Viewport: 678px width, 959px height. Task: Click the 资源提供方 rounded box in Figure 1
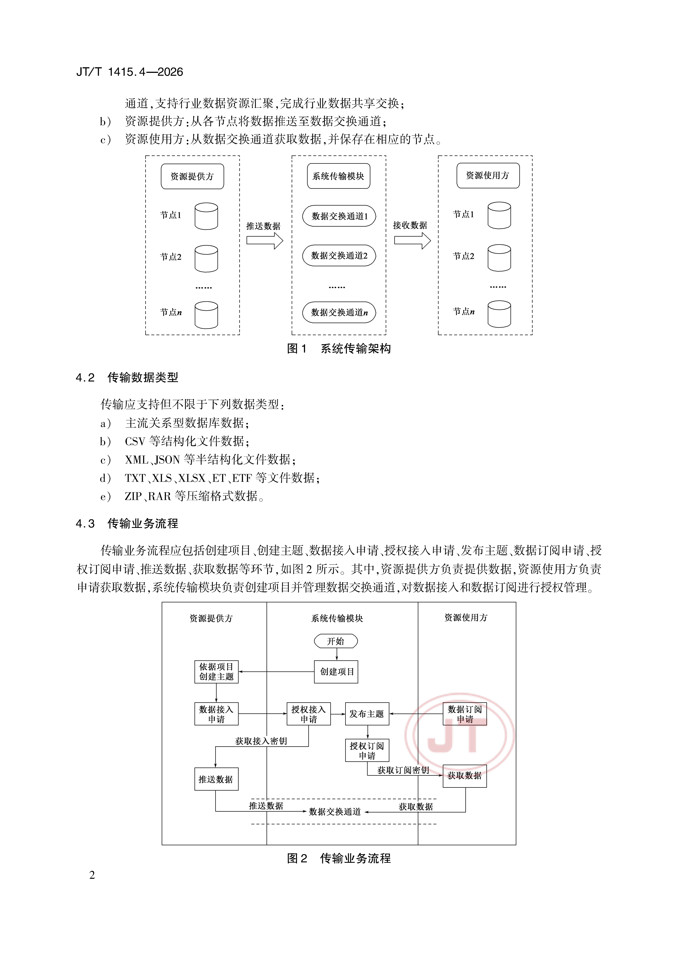(192, 176)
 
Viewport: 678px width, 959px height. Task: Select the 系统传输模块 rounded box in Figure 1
(338, 176)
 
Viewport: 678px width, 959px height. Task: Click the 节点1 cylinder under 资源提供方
(206, 216)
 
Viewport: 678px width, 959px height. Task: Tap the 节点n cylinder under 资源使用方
(499, 314)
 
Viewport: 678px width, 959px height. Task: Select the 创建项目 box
(336, 672)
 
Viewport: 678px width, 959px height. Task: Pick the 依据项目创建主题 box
(216, 672)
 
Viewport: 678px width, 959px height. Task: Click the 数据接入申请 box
(216, 714)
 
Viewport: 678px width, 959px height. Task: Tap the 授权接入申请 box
(308, 714)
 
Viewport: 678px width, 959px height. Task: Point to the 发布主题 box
(367, 714)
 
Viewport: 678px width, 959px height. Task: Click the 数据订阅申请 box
(465, 714)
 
